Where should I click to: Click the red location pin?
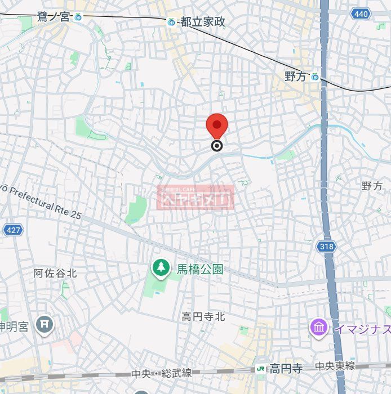(216, 125)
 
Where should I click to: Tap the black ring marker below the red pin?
(217, 146)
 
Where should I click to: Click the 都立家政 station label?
(203, 22)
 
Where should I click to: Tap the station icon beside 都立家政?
(171, 22)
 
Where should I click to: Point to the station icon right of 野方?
(315, 77)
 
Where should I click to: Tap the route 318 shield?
(326, 246)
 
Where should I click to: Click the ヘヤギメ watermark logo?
(195, 198)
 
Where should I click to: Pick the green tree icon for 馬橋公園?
(161, 268)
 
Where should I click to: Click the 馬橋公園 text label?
(198, 269)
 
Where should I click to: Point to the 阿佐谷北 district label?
(55, 274)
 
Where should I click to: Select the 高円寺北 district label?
(203, 317)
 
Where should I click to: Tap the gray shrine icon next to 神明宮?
(44, 324)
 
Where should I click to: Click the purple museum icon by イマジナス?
(318, 327)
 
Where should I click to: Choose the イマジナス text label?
(361, 328)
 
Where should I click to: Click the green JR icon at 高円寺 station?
(261, 369)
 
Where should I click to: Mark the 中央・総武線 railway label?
(162, 373)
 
